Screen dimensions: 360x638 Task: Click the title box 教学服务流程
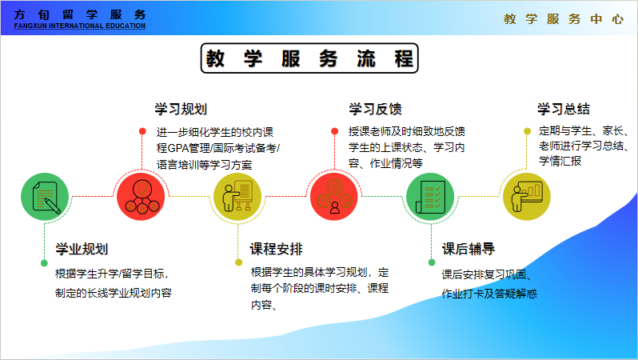click(x=309, y=58)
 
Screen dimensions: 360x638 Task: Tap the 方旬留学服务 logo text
click(x=80, y=14)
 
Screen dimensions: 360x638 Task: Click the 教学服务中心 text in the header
click(x=564, y=19)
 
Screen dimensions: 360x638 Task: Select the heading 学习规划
click(x=180, y=109)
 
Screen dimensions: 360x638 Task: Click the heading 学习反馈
click(x=375, y=109)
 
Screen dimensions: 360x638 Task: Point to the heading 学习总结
click(x=564, y=109)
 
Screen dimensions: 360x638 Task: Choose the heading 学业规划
click(x=82, y=249)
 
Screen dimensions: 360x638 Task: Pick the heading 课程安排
click(x=277, y=248)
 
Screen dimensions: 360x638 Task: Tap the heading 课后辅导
click(x=469, y=248)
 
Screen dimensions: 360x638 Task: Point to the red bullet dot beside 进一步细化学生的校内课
click(x=142, y=131)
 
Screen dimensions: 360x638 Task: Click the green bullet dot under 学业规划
click(x=45, y=262)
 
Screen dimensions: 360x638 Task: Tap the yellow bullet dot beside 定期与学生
click(x=527, y=131)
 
